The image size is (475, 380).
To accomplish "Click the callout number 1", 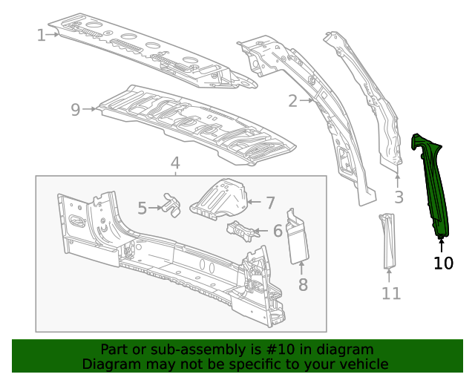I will (41, 35).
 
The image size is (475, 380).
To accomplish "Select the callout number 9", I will (75, 110).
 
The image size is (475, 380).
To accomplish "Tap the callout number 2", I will (293, 101).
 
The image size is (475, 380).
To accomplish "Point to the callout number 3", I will (399, 197).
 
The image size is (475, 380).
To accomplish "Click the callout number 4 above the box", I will (175, 163).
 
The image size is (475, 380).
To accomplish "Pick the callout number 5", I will (142, 209).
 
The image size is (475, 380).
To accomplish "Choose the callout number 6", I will (278, 231).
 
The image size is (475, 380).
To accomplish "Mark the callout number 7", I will (270, 202).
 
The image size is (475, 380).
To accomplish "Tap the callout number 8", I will (303, 284).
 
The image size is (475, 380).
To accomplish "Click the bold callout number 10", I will (443, 263).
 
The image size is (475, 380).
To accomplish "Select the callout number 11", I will (391, 293).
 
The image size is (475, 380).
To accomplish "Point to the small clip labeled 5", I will (172, 204).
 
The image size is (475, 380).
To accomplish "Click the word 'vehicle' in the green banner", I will (361, 364).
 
